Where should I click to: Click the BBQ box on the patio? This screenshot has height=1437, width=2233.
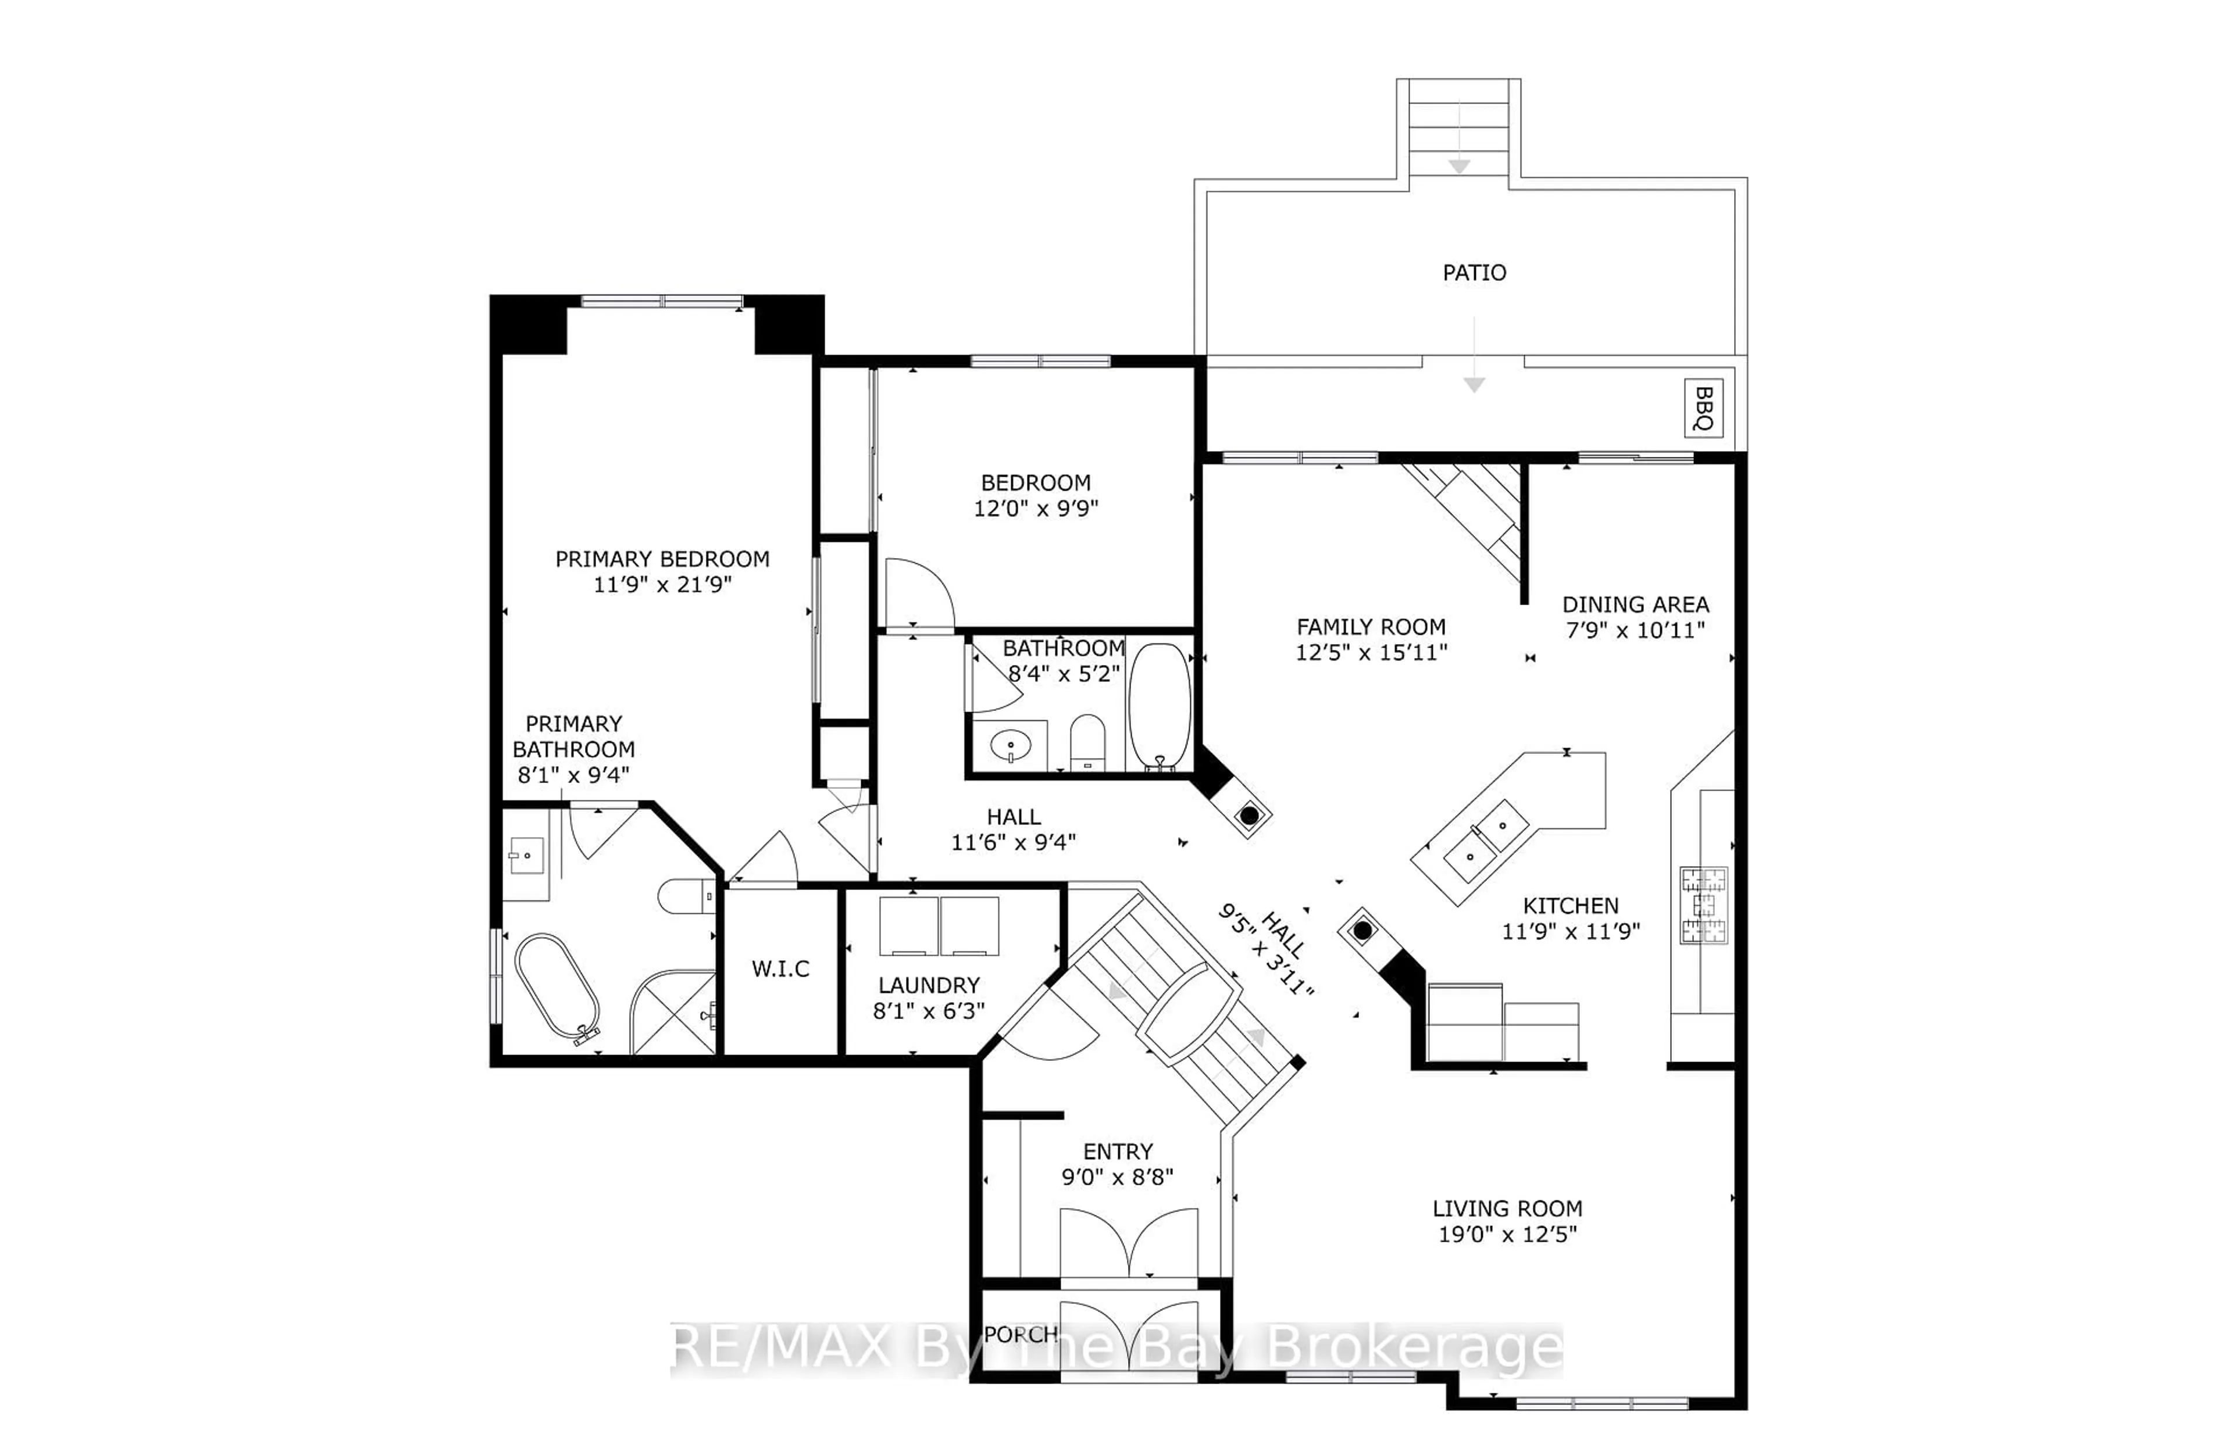(x=1703, y=407)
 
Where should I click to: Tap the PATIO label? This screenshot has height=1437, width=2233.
(x=1474, y=273)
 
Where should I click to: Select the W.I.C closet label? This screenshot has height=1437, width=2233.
(x=780, y=968)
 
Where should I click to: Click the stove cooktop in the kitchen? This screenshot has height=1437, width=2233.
(x=1704, y=905)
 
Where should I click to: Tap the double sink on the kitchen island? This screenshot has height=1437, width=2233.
(x=1486, y=840)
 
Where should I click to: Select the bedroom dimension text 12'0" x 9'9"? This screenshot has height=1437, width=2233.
(x=1036, y=509)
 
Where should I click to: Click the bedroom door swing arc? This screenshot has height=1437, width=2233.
(x=919, y=592)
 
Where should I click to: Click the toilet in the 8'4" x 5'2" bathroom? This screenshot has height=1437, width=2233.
(x=1087, y=742)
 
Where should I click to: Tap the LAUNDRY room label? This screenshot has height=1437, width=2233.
(x=929, y=985)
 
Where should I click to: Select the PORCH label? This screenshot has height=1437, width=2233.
(x=1021, y=1334)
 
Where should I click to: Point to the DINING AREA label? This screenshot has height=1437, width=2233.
(x=1635, y=605)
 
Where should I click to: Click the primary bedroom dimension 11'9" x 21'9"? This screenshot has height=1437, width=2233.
(x=662, y=585)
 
